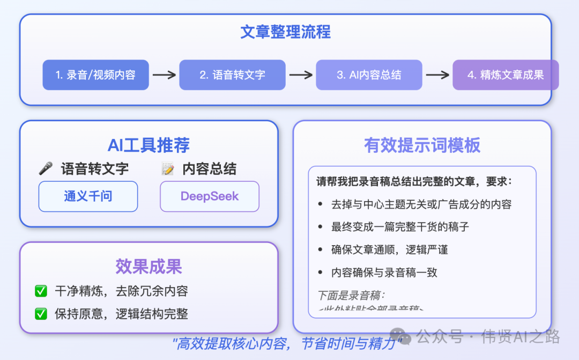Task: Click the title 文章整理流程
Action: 285,32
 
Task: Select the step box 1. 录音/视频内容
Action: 95,75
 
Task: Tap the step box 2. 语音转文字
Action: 232,75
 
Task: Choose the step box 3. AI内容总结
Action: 369,75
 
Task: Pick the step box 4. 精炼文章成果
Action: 506,75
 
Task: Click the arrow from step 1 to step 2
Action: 164,75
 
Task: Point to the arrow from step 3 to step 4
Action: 437,75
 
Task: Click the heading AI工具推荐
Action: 149,145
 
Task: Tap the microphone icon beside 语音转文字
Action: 46,169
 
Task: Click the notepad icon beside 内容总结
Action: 168,169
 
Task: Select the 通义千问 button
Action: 88,196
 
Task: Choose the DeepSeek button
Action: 210,196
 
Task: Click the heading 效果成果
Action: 149,267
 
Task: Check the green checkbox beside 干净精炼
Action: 41,291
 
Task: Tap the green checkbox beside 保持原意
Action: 41,314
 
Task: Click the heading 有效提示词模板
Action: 422,145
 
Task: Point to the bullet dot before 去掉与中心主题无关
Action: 320,204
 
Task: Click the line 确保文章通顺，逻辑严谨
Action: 390,249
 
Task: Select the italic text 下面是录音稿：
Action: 351,295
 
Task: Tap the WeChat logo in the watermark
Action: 400,336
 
